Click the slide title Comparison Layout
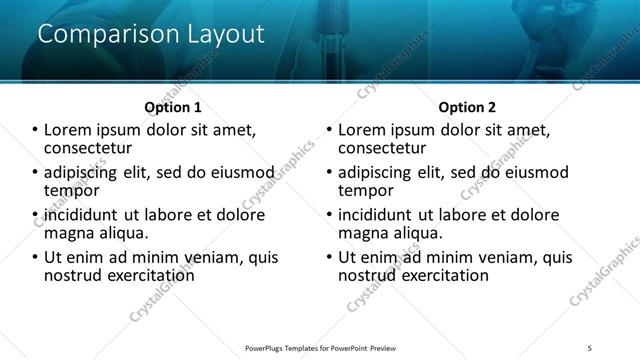click(151, 34)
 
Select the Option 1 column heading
click(173, 107)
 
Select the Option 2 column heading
click(467, 107)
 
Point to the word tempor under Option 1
click(72, 190)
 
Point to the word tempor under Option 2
click(366, 190)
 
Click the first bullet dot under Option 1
click(35, 130)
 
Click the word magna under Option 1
click(69, 233)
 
